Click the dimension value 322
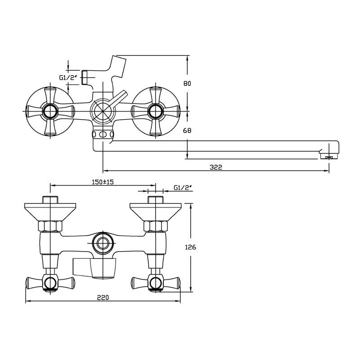(x=216, y=167)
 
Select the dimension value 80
(x=187, y=83)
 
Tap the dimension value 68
(x=187, y=130)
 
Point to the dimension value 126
(x=190, y=247)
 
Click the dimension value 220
(x=103, y=297)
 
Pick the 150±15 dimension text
(x=103, y=182)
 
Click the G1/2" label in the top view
(x=68, y=77)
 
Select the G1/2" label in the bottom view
(x=183, y=188)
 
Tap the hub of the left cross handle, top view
(x=50, y=111)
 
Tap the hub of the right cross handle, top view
(x=155, y=111)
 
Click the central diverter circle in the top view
(x=103, y=111)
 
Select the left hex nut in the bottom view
(x=50, y=226)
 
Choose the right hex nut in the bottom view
(x=155, y=226)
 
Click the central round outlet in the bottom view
(x=103, y=244)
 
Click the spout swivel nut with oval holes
(x=103, y=134)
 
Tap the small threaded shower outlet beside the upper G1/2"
(x=85, y=77)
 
